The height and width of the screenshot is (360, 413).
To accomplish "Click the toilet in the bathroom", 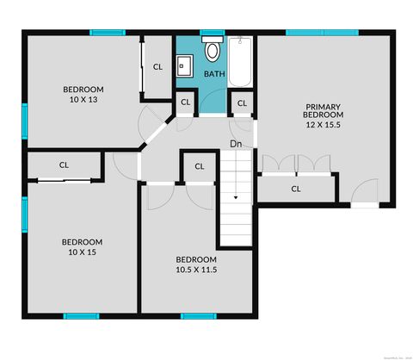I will pyautogui.click(x=213, y=50).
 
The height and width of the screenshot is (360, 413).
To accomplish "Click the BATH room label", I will pyautogui.click(x=214, y=74).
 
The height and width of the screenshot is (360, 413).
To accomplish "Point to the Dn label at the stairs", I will pyautogui.click(x=235, y=143).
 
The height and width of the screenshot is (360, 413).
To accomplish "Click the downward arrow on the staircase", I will pyautogui.click(x=235, y=196).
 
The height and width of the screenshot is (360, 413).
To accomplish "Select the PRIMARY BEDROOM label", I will pyautogui.click(x=324, y=110).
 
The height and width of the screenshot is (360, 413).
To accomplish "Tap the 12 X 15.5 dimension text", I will pyautogui.click(x=324, y=125).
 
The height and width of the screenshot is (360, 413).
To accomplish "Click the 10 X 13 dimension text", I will pyautogui.click(x=83, y=99).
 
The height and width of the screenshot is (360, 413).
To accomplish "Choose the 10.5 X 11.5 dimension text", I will pyautogui.click(x=196, y=269).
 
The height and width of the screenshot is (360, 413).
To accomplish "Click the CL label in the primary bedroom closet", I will pyautogui.click(x=295, y=188).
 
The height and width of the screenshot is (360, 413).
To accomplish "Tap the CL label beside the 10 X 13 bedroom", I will pyautogui.click(x=157, y=66).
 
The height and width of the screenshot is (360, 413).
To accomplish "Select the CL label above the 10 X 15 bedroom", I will pyautogui.click(x=64, y=164).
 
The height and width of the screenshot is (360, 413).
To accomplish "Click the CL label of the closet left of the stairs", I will pyautogui.click(x=199, y=166).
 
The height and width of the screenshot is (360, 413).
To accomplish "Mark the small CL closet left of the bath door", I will pyautogui.click(x=185, y=103).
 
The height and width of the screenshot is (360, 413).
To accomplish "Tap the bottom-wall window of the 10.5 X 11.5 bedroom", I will pyautogui.click(x=197, y=315).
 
